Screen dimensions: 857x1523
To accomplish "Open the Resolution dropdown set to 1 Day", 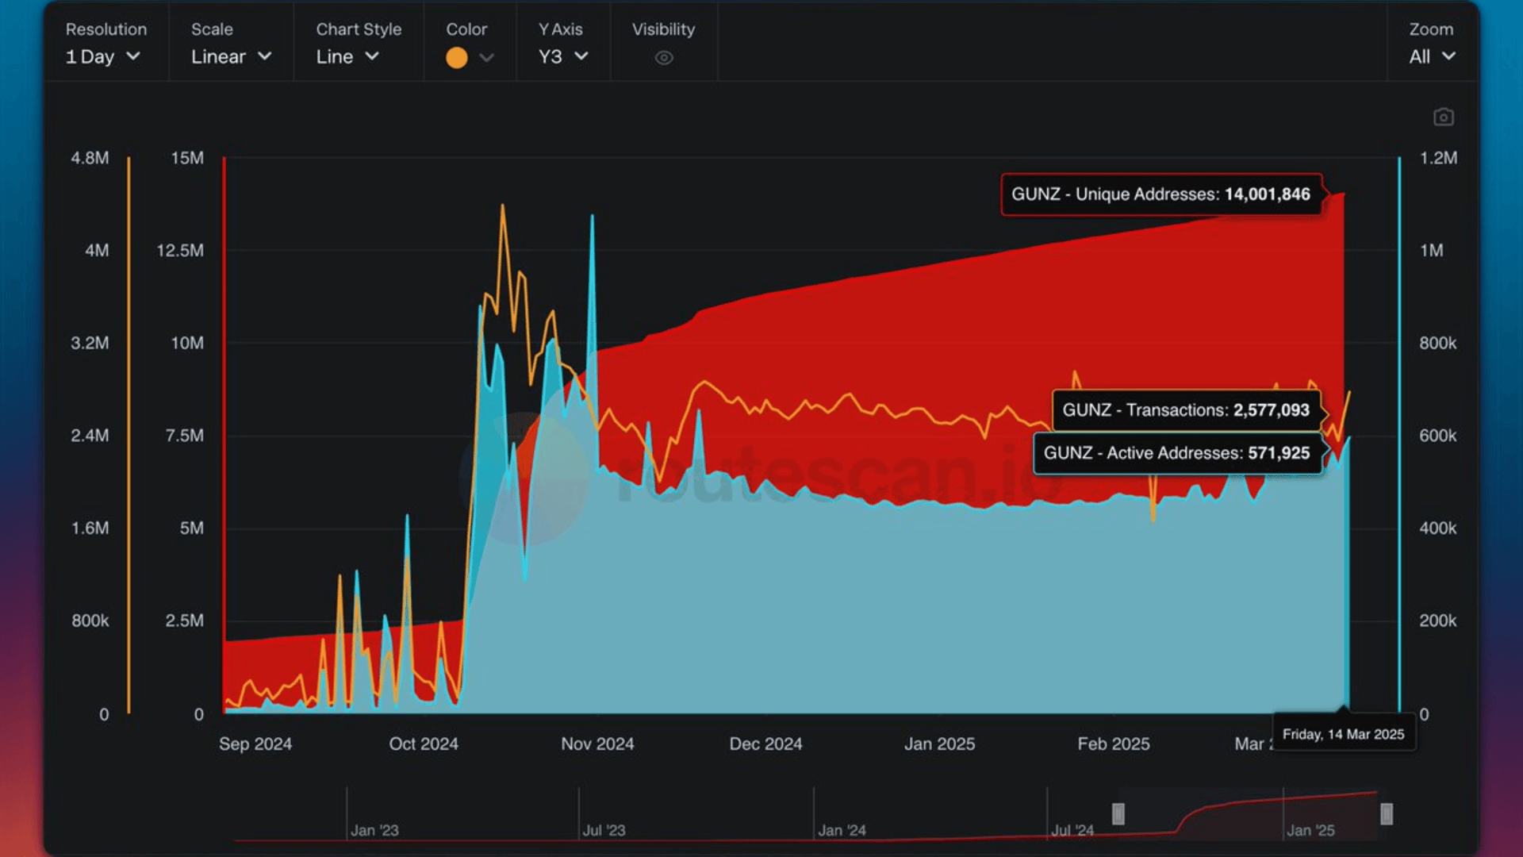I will pos(103,56).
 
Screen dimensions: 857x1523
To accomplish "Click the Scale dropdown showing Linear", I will pos(231,56).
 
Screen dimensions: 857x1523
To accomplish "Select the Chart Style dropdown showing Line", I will pos(347,56).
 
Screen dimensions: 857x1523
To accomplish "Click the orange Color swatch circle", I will pos(456,57).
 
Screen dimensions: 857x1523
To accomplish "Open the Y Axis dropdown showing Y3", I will pos(563,56).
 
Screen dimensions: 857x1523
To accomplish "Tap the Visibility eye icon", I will pos(664,57).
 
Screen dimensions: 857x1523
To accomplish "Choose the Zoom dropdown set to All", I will pos(1432,56).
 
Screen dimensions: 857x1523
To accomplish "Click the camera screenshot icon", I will pos(1444,117).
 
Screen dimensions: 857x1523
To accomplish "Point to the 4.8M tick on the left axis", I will pos(90,158).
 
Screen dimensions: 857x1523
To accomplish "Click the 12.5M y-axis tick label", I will pos(180,251).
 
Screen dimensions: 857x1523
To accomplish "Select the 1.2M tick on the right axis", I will pos(1438,158).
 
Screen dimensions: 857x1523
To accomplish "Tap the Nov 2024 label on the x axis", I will pos(597,744).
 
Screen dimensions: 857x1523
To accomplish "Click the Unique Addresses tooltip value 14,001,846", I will pos(1267,194).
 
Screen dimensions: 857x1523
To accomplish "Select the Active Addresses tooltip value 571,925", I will pos(1278,453).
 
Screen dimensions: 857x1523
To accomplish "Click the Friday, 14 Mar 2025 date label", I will pos(1343,734).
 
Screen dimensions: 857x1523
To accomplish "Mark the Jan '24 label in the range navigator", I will pos(842,830).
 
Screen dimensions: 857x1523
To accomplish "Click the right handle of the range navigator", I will pos(1387,813).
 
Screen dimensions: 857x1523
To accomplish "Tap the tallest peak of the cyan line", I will pos(592,217).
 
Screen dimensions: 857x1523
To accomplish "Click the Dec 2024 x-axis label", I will pos(765,744).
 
